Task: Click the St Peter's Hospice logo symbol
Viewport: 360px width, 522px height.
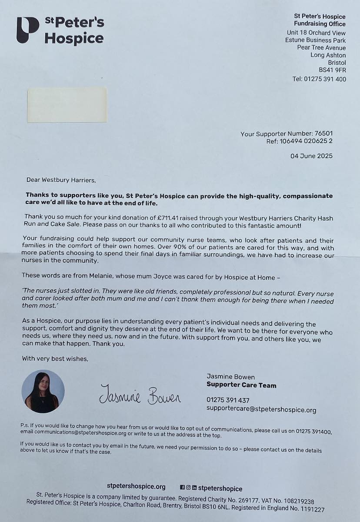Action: coord(27,30)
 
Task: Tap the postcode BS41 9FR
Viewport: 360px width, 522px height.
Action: coord(332,70)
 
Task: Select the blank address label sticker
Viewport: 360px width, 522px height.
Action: coord(67,105)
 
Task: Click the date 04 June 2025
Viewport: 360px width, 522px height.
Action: coord(311,156)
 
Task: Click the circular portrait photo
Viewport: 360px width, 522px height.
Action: coord(43,391)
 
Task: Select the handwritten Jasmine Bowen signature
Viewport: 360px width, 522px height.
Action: coord(140,394)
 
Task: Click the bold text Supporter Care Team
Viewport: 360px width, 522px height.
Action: coord(241,385)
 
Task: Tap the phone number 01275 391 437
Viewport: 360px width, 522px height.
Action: coord(228,400)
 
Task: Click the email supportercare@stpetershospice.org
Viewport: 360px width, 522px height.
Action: coord(261,410)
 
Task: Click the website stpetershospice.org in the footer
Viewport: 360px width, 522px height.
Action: coord(136,486)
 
